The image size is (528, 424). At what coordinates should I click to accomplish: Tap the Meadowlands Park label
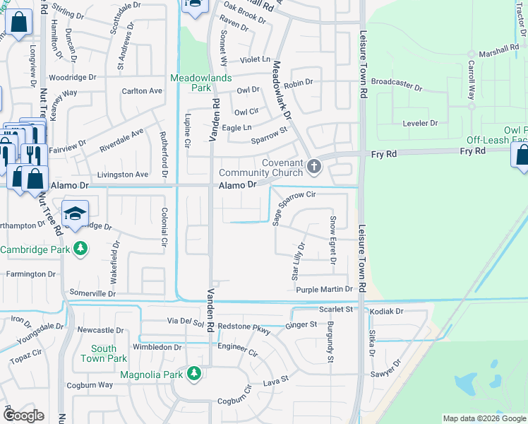[x=191, y=83]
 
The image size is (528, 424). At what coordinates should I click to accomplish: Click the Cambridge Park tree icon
[x=81, y=249]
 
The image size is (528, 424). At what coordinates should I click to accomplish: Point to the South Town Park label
[x=104, y=353]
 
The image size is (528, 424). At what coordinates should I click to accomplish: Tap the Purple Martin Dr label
[x=324, y=290]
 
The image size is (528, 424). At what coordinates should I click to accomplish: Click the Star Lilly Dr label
[x=299, y=262]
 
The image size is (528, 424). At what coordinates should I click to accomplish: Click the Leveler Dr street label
[x=420, y=123]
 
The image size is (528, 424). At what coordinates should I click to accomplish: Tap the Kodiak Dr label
[x=385, y=311]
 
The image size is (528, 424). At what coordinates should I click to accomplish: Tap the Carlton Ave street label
[x=142, y=90]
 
